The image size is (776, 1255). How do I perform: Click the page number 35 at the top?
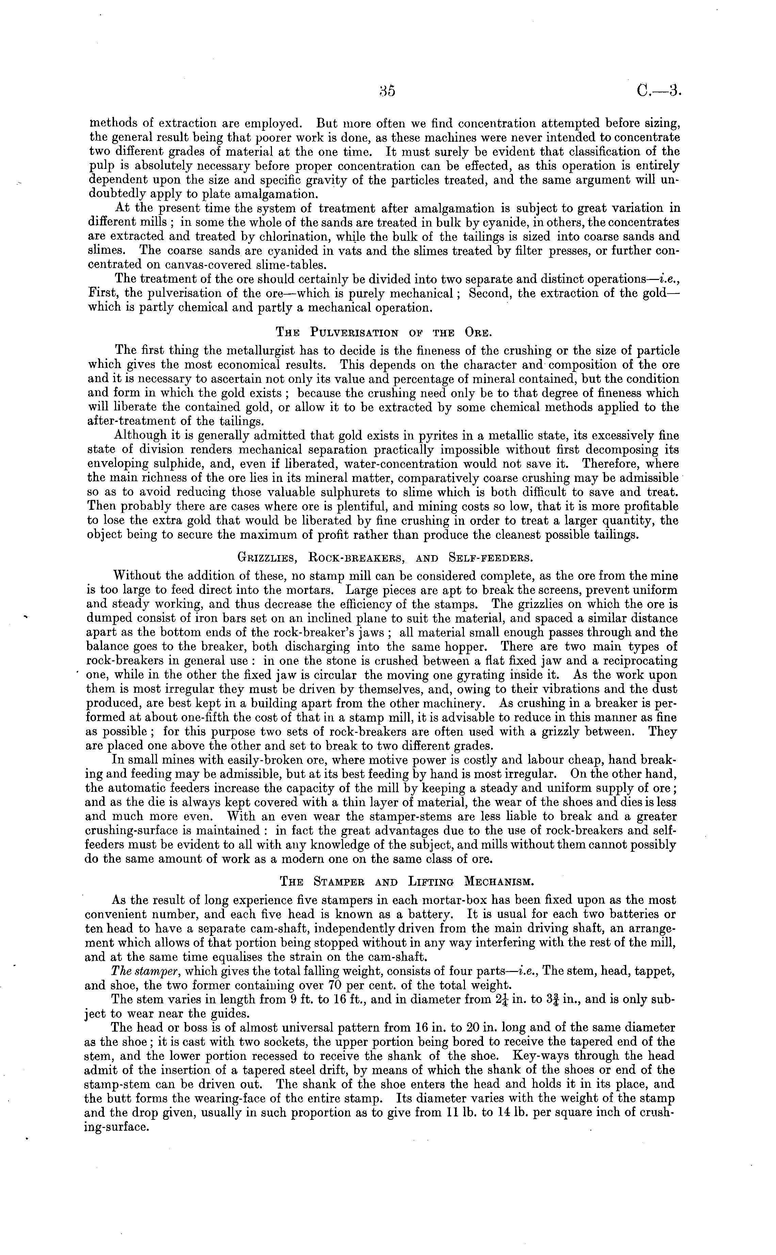pyautogui.click(x=387, y=91)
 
